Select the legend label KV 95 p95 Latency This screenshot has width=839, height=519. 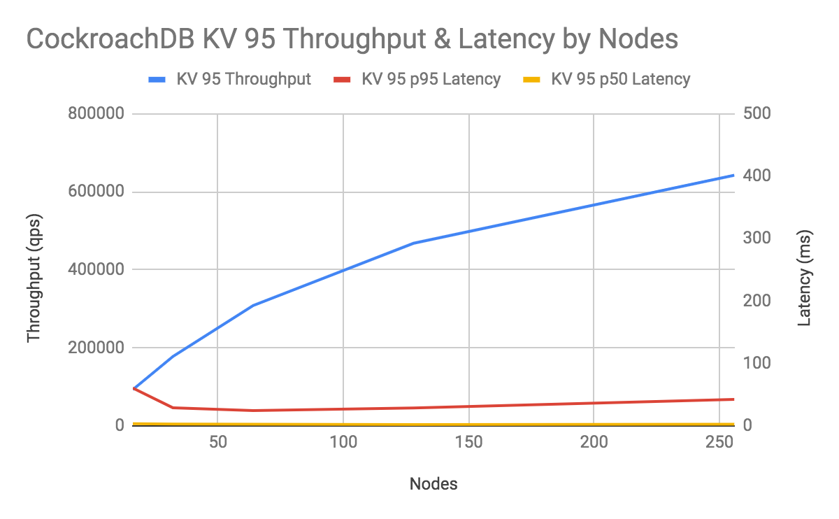coord(431,79)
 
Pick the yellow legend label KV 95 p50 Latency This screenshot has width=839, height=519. coord(621,79)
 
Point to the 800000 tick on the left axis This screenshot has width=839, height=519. coord(96,114)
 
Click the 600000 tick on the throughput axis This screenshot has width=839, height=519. coord(96,192)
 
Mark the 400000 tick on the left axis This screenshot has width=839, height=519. coord(96,270)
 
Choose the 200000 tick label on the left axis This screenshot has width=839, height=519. coord(96,348)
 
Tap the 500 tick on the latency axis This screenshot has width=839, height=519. coord(758,114)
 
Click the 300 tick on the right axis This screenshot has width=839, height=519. coord(758,239)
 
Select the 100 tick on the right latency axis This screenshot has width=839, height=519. coord(758,363)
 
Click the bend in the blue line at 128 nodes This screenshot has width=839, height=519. coord(413,243)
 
